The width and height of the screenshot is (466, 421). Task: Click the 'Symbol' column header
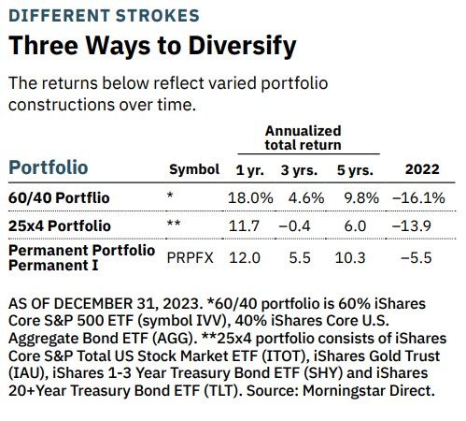tap(191, 170)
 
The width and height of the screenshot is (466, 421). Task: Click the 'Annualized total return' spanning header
tap(303, 138)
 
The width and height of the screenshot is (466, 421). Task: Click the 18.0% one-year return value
tap(250, 198)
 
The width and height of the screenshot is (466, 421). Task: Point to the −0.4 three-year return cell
tap(299, 226)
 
